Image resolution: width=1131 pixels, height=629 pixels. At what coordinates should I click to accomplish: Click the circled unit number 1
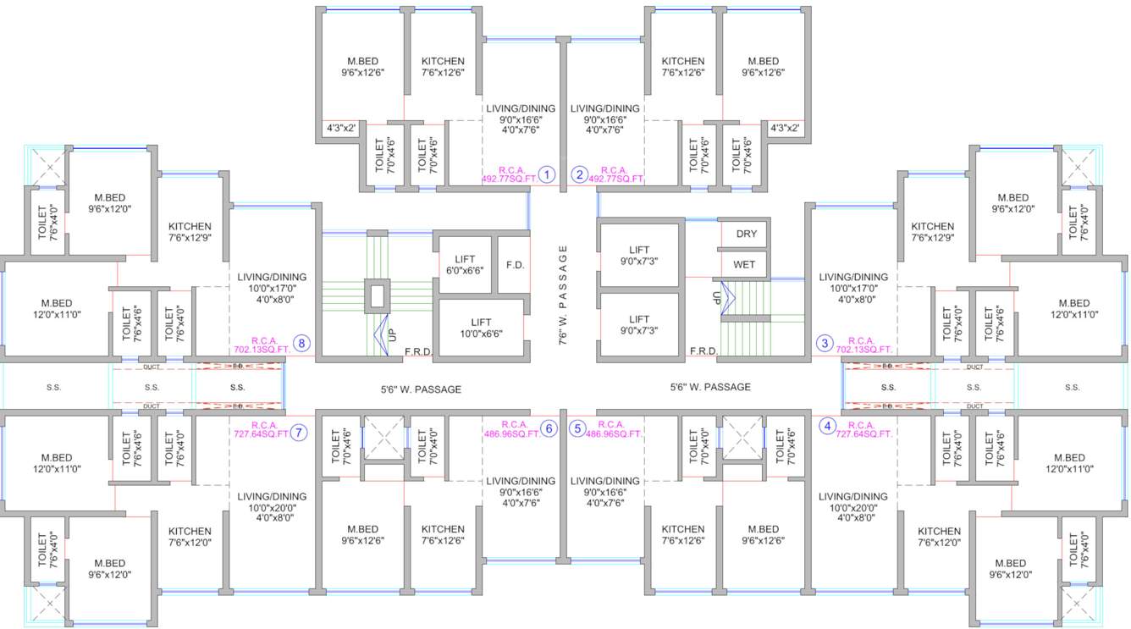[x=547, y=175]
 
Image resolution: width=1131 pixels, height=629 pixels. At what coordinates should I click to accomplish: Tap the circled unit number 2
[x=579, y=175]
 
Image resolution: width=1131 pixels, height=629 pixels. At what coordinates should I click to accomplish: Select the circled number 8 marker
[x=302, y=344]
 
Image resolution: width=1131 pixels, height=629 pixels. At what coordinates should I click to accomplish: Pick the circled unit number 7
[x=300, y=431]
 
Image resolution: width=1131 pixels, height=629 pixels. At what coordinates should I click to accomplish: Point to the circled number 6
[x=549, y=428]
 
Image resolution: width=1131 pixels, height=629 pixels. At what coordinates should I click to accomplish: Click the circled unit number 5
[x=578, y=428]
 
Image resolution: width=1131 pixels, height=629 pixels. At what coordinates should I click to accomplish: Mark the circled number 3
[x=825, y=343]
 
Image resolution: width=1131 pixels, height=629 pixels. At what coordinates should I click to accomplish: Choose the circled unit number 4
[x=828, y=426]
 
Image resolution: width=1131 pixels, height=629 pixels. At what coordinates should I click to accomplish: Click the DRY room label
[x=746, y=234]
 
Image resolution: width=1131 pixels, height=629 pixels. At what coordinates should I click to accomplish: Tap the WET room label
[x=744, y=264]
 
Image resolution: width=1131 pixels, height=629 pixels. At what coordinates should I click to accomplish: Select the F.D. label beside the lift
[x=515, y=264]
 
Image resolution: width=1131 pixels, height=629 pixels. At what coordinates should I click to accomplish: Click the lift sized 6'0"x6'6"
[x=465, y=265]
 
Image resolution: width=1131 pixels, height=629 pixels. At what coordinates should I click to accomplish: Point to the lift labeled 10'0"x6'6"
[x=481, y=328]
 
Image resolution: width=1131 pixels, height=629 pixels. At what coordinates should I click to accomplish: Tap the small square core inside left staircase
[x=377, y=295]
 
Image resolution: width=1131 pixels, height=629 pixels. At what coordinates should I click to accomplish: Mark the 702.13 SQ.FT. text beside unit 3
[x=864, y=349]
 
